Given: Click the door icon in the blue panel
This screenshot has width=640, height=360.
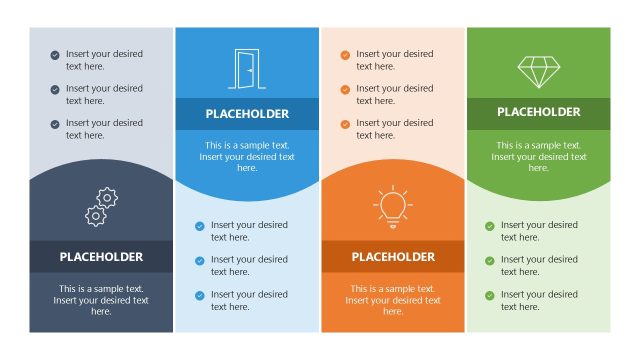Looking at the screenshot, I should (x=246, y=68).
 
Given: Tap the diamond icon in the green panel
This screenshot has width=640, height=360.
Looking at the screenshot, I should (x=538, y=70).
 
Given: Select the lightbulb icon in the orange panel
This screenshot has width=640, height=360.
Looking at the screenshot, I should (x=392, y=206).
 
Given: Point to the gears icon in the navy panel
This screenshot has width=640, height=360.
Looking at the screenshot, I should (x=101, y=207).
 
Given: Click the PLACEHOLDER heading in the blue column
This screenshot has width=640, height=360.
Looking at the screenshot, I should (x=247, y=114).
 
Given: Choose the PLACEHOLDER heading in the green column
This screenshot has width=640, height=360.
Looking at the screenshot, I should (x=538, y=112).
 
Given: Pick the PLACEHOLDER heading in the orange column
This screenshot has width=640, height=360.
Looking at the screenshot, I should (x=393, y=257).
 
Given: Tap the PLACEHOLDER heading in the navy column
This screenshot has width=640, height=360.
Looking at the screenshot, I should (x=101, y=257).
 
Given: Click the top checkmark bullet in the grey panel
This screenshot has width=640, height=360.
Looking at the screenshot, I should (x=55, y=55).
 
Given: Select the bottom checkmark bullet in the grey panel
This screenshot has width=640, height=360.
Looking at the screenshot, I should (x=55, y=124).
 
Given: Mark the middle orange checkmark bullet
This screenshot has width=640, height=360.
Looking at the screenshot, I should (x=345, y=90).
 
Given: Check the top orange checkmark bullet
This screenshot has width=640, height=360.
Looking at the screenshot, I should (x=345, y=55).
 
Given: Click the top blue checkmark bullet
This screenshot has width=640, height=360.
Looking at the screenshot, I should (x=200, y=226).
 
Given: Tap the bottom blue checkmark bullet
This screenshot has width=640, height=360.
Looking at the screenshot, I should (x=200, y=295).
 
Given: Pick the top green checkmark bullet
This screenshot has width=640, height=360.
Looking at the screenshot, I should (x=490, y=226).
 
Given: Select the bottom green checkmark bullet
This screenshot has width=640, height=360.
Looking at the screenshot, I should (x=490, y=295).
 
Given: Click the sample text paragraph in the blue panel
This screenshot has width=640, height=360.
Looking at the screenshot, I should (x=247, y=156).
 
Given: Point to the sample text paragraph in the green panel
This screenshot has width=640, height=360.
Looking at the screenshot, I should (x=538, y=156).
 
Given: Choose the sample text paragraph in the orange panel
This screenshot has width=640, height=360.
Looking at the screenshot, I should (x=393, y=300).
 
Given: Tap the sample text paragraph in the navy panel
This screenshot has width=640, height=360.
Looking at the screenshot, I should (x=101, y=300).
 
